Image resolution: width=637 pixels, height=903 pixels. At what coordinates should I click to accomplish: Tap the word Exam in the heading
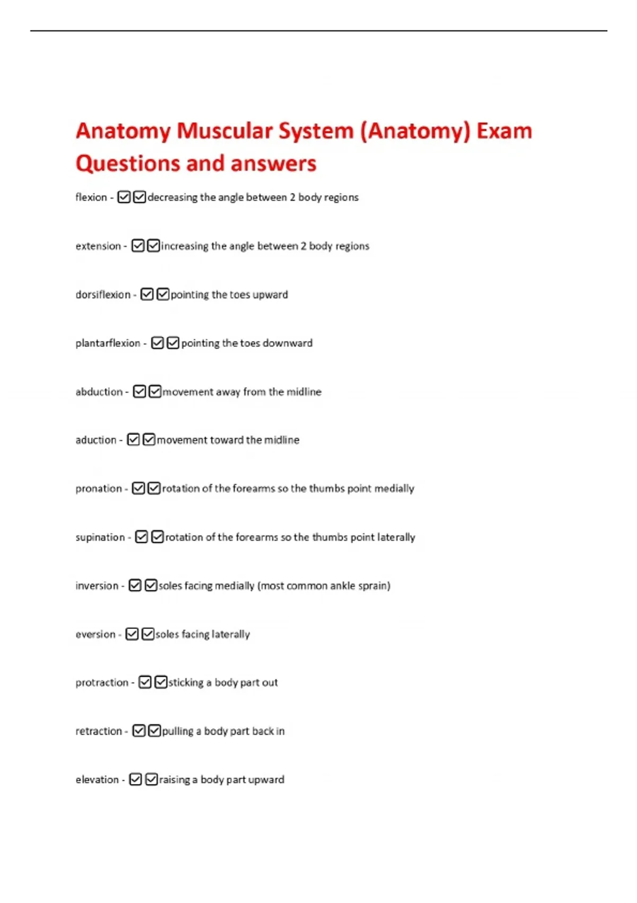pos(504,131)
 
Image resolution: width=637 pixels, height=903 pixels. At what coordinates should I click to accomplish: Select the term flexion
pos(91,197)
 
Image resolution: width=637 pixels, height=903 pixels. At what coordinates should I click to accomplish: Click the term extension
pos(98,246)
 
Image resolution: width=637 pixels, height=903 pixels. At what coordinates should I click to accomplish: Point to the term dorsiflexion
pos(103,294)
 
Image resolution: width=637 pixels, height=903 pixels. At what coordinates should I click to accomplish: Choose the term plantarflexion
pos(108,343)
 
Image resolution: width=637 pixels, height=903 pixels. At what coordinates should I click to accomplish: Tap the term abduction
pos(99,391)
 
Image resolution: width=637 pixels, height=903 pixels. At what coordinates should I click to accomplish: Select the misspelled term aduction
pos(96,440)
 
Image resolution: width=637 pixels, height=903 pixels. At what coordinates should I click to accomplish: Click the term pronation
pos(99,488)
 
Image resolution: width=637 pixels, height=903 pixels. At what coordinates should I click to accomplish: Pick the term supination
pos(100,537)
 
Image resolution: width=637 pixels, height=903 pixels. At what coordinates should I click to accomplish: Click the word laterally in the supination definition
pos(396,537)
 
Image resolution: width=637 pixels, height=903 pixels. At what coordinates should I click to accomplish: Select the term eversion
pos(96,634)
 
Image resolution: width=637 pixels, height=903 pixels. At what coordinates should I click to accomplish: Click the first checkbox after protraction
pos(145,682)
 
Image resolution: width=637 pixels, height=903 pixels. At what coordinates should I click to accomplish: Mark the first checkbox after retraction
pos(139,731)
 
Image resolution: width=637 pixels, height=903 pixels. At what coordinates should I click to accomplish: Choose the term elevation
pos(97,779)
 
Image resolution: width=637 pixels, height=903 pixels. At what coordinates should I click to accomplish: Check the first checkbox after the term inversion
pos(135,585)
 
